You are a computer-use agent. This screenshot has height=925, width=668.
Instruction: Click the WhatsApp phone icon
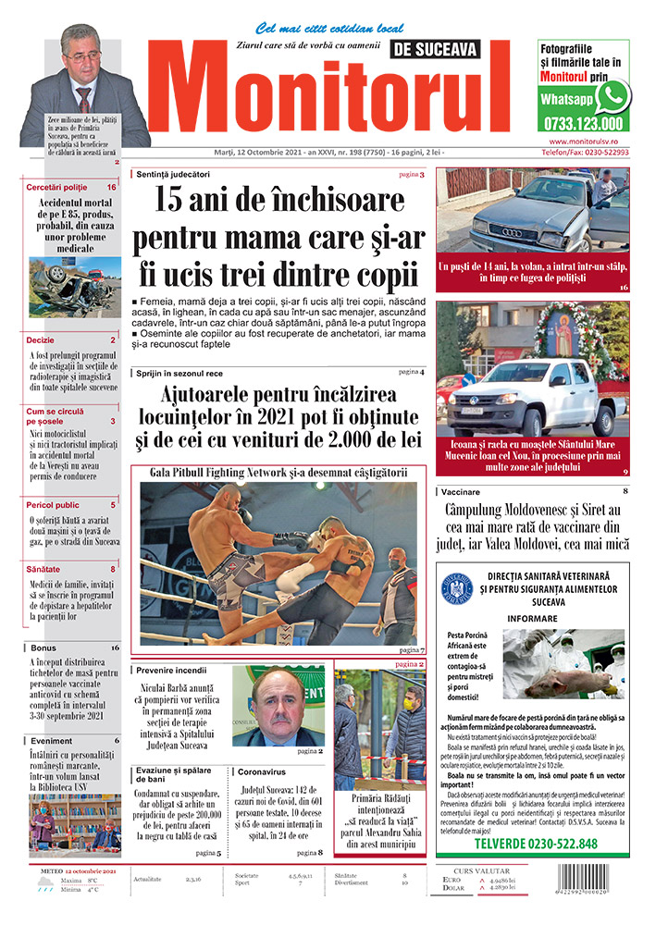612,96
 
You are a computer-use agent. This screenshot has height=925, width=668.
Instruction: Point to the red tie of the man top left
84,96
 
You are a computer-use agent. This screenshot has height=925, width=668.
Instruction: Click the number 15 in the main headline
173,201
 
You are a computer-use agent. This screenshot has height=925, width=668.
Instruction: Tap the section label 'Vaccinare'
461,491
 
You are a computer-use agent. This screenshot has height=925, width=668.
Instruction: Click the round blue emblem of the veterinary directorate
457,590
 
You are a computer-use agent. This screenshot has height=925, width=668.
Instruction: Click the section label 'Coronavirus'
262,770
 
